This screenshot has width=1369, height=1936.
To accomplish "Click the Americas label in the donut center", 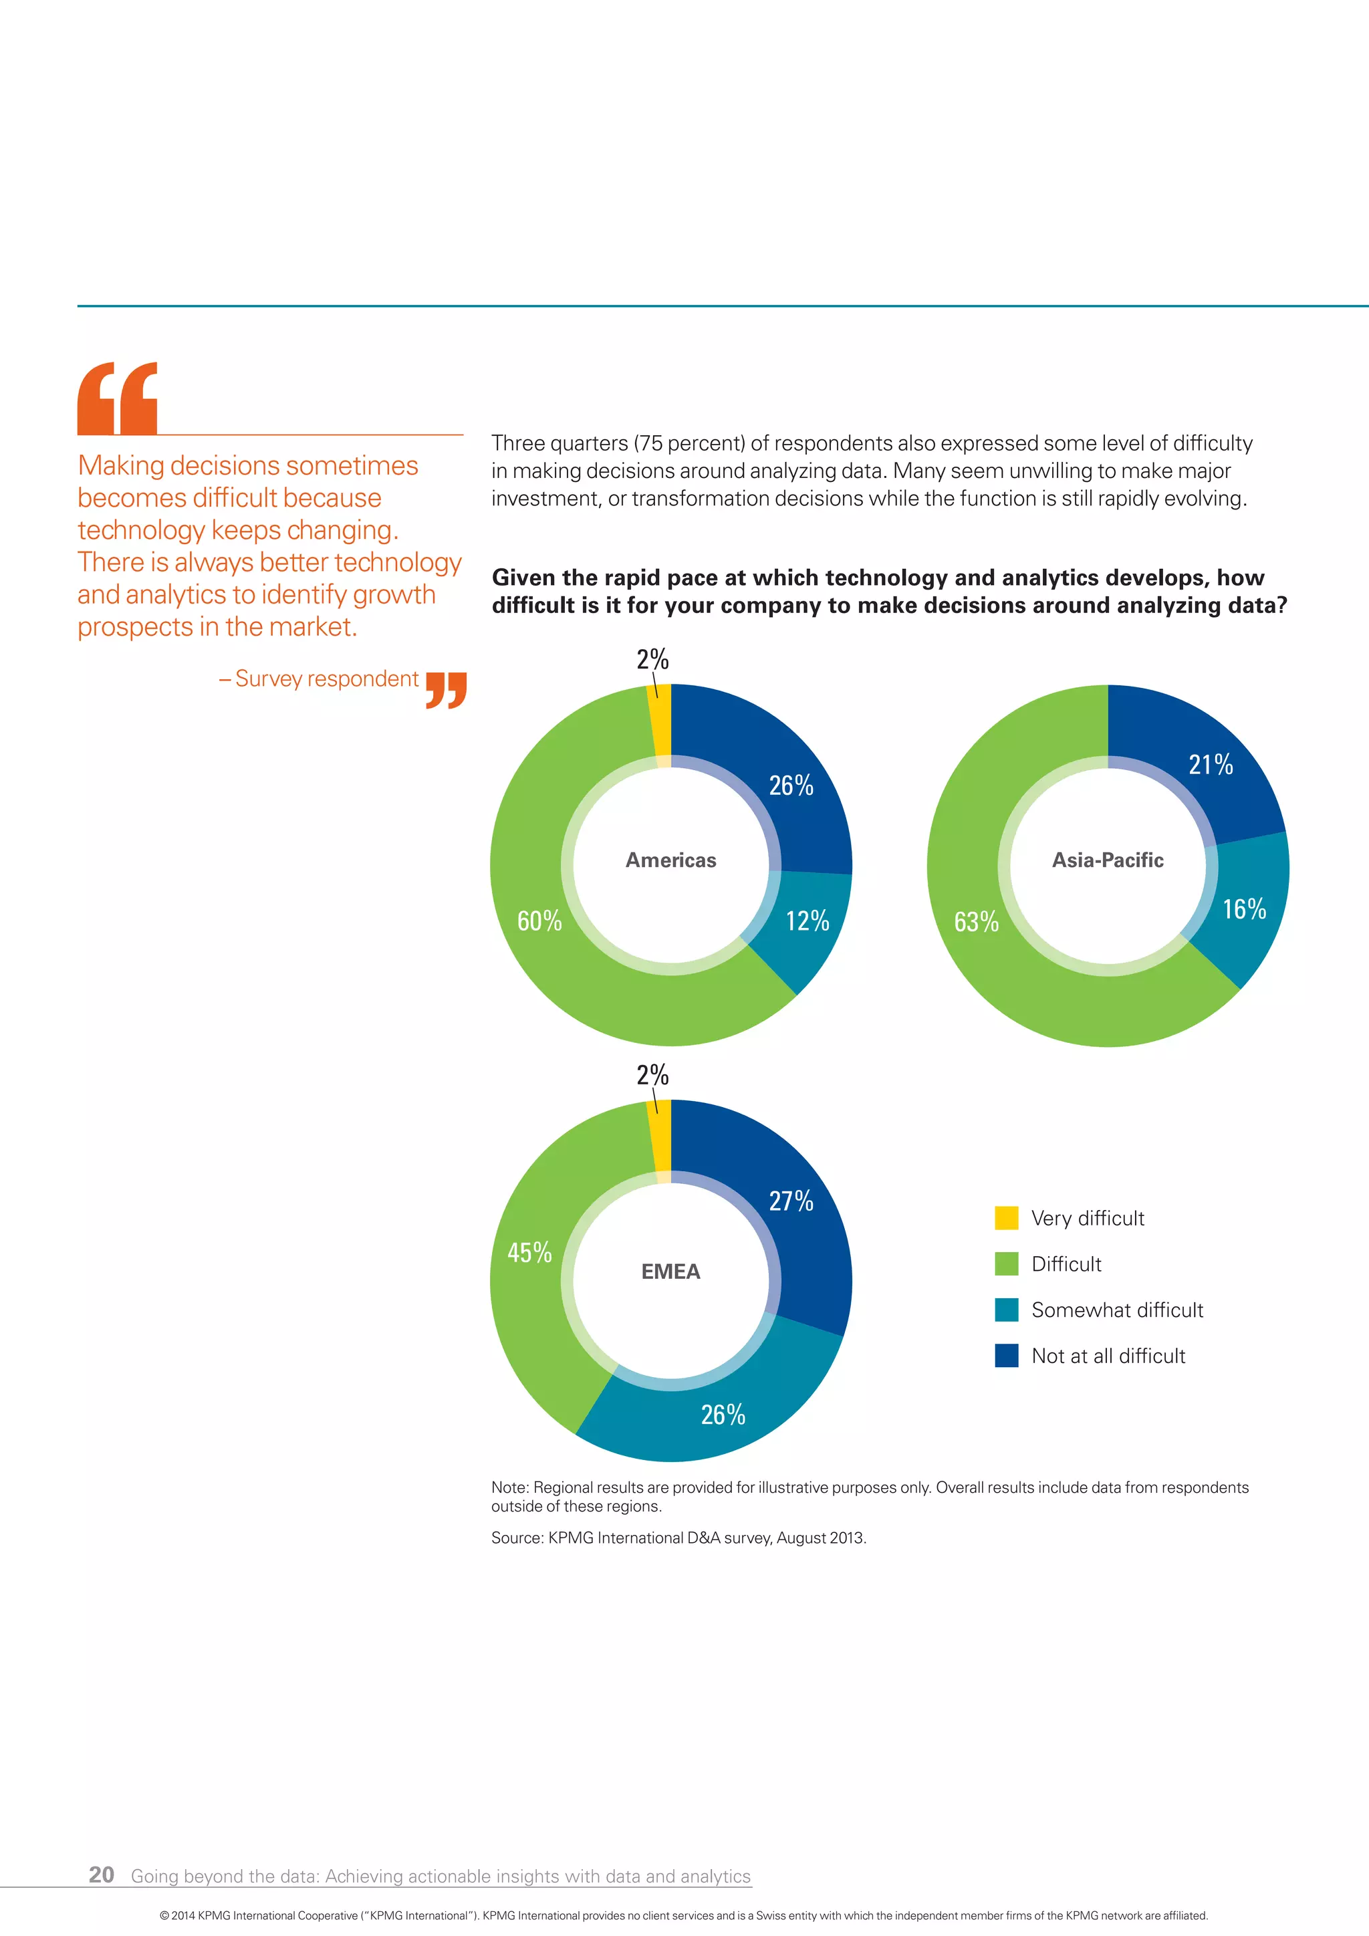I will click(x=670, y=860).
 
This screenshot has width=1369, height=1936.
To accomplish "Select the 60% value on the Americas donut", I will click(x=539, y=921).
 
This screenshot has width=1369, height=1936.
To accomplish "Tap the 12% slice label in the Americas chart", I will click(x=807, y=921).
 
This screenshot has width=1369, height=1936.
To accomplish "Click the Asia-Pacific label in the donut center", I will click(x=1107, y=860).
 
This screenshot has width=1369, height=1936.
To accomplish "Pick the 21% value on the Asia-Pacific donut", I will click(x=1211, y=765).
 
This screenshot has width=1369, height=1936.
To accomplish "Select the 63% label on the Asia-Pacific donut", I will click(x=976, y=922).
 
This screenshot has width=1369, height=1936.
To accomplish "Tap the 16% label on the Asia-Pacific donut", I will click(x=1244, y=909).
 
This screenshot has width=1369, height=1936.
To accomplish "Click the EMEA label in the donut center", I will click(x=670, y=1272).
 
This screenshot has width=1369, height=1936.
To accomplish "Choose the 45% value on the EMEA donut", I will click(x=529, y=1252).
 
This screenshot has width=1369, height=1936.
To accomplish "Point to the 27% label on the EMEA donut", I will click(x=791, y=1201).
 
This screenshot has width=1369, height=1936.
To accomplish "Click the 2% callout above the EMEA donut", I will click(x=652, y=1075).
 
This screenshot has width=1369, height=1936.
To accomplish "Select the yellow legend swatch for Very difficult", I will click(x=1007, y=1217).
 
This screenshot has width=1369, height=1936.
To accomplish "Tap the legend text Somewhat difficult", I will click(x=1117, y=1310).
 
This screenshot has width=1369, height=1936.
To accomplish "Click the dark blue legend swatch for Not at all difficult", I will click(x=1007, y=1355).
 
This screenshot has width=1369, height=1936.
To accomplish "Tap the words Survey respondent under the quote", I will click(x=326, y=679).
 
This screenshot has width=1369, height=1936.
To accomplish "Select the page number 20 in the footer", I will click(x=101, y=1874).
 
